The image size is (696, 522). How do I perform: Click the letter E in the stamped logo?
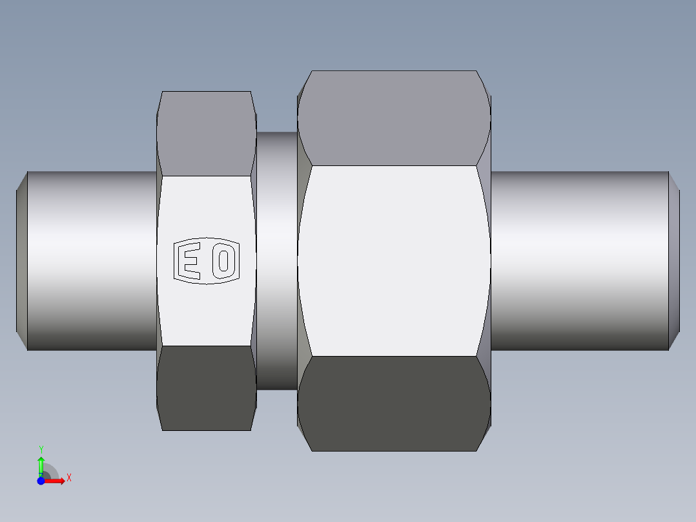click(188, 261)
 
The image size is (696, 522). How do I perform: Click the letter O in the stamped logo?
click(224, 261)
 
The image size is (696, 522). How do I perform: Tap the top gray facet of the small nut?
click(206, 132)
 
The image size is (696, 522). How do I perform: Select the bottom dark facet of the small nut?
click(206, 388)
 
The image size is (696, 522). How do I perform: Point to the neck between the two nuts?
click(277, 260)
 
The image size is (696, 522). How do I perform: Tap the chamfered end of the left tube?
click(21, 260)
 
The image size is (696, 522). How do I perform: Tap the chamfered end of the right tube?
click(674, 260)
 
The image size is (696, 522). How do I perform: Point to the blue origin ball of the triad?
click(41, 481)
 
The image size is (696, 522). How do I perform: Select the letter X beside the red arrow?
click(69, 478)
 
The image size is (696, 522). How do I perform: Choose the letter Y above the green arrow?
click(41, 449)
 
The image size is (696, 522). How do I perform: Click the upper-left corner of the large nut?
click(311, 72)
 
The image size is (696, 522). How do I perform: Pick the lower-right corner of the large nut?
click(476, 450)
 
